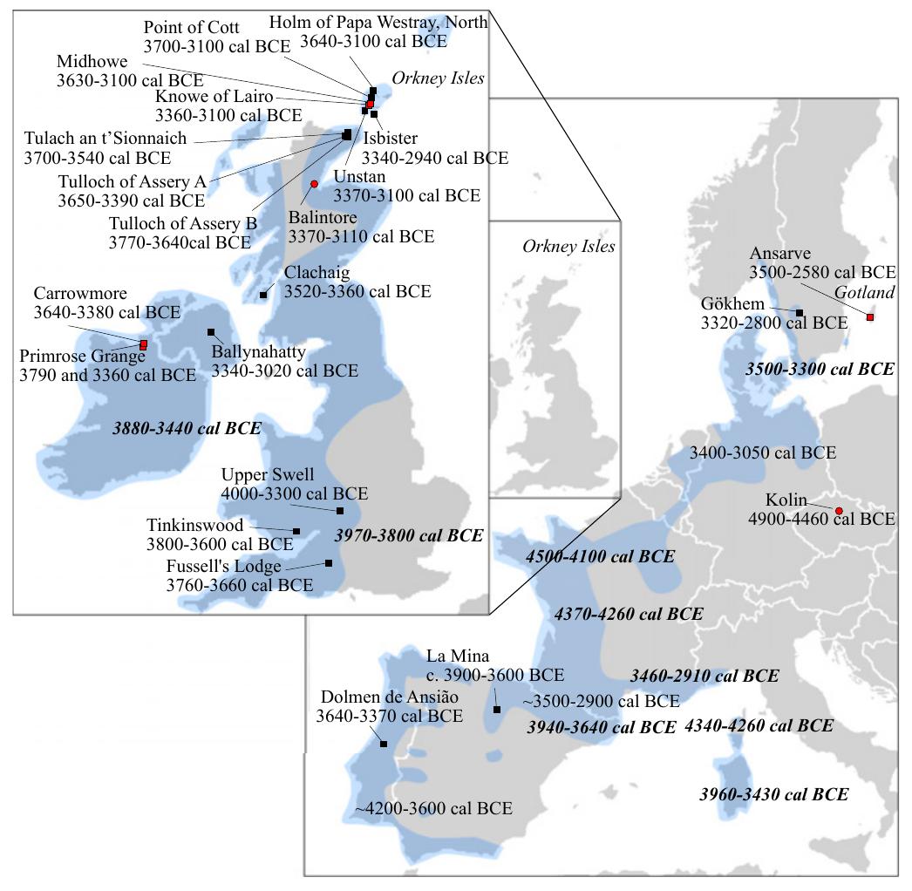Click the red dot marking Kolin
(x=839, y=511)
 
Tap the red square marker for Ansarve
(x=869, y=316)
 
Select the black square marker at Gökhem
(x=799, y=312)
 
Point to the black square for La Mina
(x=496, y=710)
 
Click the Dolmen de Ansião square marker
(x=384, y=744)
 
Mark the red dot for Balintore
(x=314, y=184)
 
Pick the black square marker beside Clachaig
(x=263, y=295)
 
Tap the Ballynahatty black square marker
(x=211, y=332)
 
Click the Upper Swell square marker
(x=340, y=510)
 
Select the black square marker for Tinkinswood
(x=296, y=531)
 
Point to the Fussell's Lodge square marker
(x=329, y=563)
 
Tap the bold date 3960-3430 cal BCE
(x=773, y=794)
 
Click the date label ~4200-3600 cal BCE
(x=433, y=808)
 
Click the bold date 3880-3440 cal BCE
(x=187, y=428)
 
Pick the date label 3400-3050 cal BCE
(x=762, y=452)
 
